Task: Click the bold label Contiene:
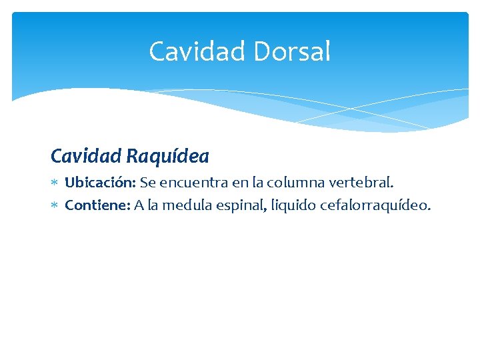tap(97, 205)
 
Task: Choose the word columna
tap(294, 182)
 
